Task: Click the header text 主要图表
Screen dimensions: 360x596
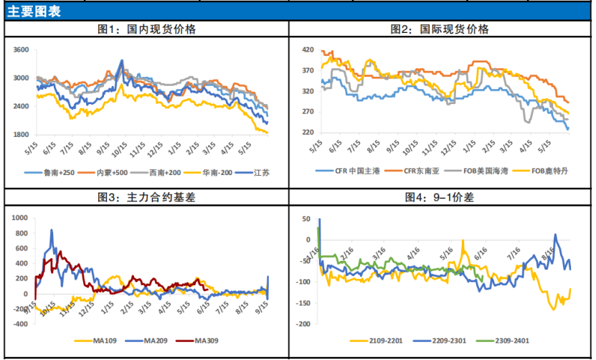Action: [x=34, y=11]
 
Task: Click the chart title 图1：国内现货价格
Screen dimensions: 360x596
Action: [x=147, y=29]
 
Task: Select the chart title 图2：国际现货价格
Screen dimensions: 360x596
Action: [x=440, y=29]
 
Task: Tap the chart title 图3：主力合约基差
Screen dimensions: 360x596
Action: [x=146, y=197]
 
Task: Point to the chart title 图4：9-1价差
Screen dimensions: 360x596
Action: [x=440, y=197]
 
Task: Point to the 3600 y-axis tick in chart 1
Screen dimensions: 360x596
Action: [x=21, y=50]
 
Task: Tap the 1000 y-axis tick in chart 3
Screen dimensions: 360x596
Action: [x=18, y=217]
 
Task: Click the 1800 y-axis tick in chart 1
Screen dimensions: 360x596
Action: [x=21, y=134]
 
